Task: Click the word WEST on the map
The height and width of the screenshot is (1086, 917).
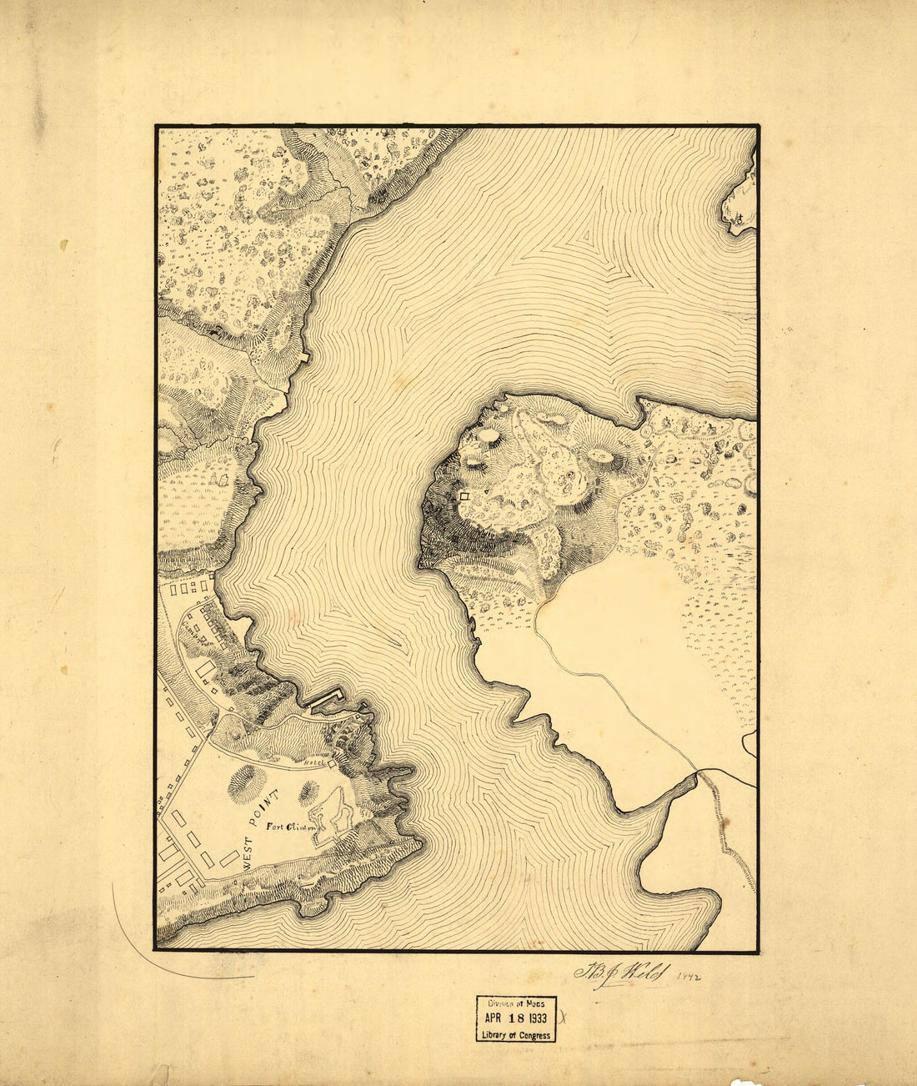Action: point(248,856)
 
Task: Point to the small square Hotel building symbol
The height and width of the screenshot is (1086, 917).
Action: point(332,762)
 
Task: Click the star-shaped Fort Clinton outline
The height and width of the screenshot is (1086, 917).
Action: point(332,809)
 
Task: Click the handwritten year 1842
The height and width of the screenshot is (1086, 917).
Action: point(688,975)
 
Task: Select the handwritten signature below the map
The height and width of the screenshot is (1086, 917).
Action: point(620,973)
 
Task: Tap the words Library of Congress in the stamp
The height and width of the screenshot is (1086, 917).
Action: point(516,1035)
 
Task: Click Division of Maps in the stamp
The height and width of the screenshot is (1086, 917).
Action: point(516,1005)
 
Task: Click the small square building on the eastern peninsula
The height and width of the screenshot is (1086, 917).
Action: point(464,496)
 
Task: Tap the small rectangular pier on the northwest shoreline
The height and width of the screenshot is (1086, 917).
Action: point(304,356)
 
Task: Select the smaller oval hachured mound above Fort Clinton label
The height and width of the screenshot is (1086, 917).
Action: point(308,789)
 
